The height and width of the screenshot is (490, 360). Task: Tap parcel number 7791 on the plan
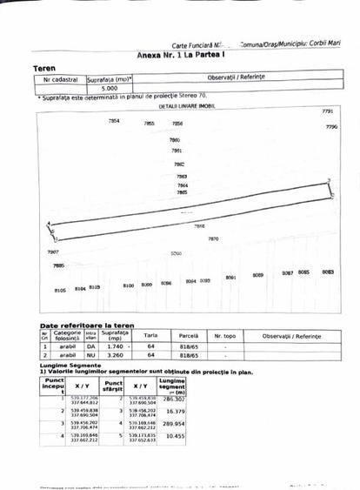click(x=327, y=112)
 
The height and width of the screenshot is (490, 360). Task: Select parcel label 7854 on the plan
click(x=114, y=121)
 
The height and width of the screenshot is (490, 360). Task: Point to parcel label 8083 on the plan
click(x=328, y=272)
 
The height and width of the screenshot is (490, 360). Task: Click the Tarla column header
click(x=150, y=335)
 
